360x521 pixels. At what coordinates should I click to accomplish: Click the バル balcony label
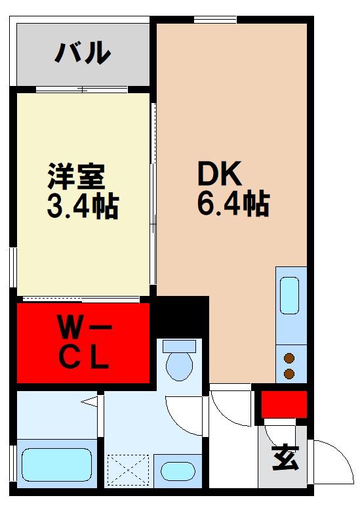81,53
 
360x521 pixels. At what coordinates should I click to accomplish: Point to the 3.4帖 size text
82,206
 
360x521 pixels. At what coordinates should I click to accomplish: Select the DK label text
220,174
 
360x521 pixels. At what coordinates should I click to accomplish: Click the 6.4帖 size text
233,205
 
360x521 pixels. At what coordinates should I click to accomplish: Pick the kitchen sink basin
289,295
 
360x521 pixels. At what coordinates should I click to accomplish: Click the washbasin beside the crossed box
178,472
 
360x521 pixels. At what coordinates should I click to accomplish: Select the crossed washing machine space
130,469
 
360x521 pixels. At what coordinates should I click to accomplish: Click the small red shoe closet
284,404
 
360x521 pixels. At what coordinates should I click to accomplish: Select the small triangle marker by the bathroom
89,400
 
